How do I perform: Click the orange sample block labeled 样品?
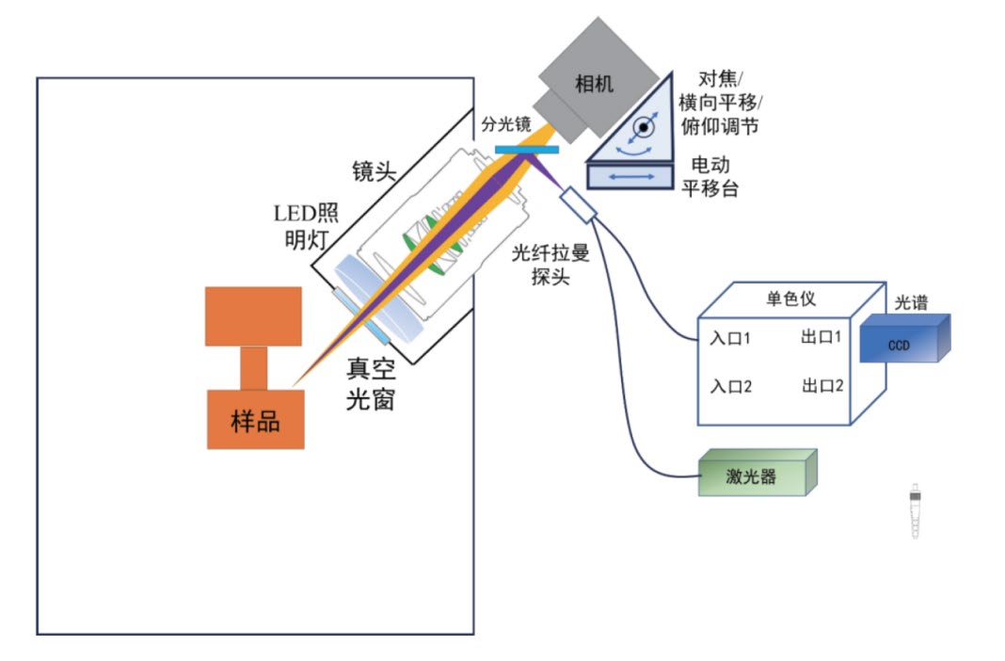point(255,419)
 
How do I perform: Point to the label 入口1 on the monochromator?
point(730,336)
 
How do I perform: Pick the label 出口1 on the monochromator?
point(822,336)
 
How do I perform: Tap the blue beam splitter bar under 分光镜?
point(526,149)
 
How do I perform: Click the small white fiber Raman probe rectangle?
point(577,205)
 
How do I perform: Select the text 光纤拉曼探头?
point(550,265)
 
